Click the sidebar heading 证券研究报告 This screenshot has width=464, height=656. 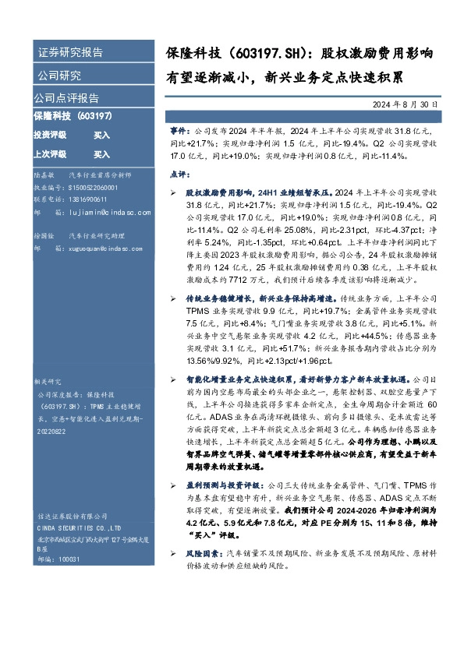tap(70, 53)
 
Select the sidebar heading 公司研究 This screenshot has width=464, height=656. tap(59, 76)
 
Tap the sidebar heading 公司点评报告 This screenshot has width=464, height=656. tap(66, 98)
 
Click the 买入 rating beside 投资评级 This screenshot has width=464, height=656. tap(102, 135)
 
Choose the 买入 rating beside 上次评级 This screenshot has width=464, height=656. tap(102, 154)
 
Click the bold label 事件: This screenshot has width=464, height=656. tap(179, 133)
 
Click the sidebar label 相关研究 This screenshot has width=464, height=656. tap(47, 383)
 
